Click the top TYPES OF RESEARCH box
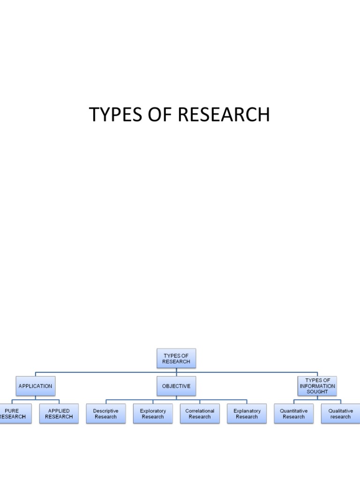[x=176, y=359]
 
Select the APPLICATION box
[x=35, y=386]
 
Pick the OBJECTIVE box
[x=176, y=386]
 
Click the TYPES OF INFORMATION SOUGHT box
[x=317, y=386]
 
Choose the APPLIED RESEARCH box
[x=59, y=414]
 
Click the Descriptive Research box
[x=106, y=414]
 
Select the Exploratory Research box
[x=153, y=414]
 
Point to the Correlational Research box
[x=200, y=414]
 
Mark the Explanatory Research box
[x=247, y=414]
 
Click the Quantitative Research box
[x=294, y=414]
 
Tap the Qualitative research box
[x=340, y=414]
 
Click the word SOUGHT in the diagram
[x=317, y=392]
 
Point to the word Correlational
[x=200, y=411]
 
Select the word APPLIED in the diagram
[x=59, y=411]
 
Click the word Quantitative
[x=294, y=411]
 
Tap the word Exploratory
[x=153, y=411]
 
